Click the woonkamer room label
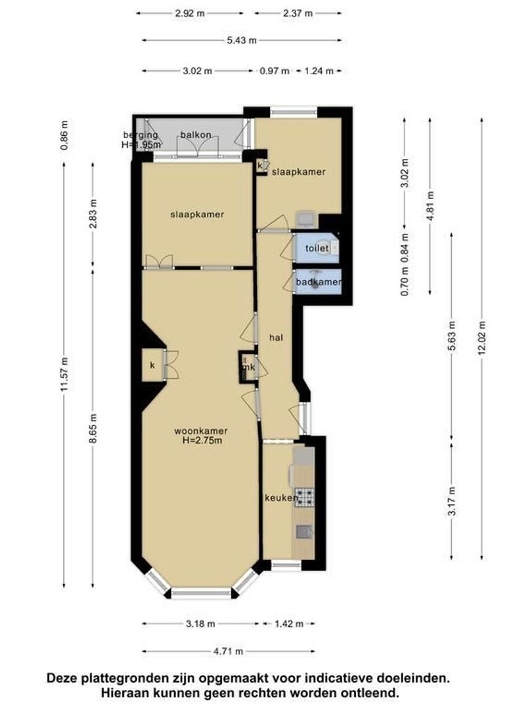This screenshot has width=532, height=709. (x=201, y=431)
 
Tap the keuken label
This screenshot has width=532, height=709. (x=281, y=498)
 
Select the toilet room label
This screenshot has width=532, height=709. (x=317, y=248)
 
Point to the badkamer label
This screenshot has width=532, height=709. (x=319, y=282)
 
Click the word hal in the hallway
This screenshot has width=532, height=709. (x=276, y=337)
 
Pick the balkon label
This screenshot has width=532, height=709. (x=196, y=135)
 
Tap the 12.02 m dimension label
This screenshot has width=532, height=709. (x=482, y=338)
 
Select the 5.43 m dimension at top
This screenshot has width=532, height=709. (x=242, y=40)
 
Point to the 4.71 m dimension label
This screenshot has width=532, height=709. (x=229, y=651)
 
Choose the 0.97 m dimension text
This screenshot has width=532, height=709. (x=274, y=71)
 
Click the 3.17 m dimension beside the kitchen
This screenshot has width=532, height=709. (x=452, y=501)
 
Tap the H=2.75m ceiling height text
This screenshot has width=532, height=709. (x=202, y=440)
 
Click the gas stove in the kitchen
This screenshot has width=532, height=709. (x=305, y=496)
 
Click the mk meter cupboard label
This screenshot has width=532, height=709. (x=249, y=367)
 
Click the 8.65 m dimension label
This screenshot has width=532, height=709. (x=93, y=428)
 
